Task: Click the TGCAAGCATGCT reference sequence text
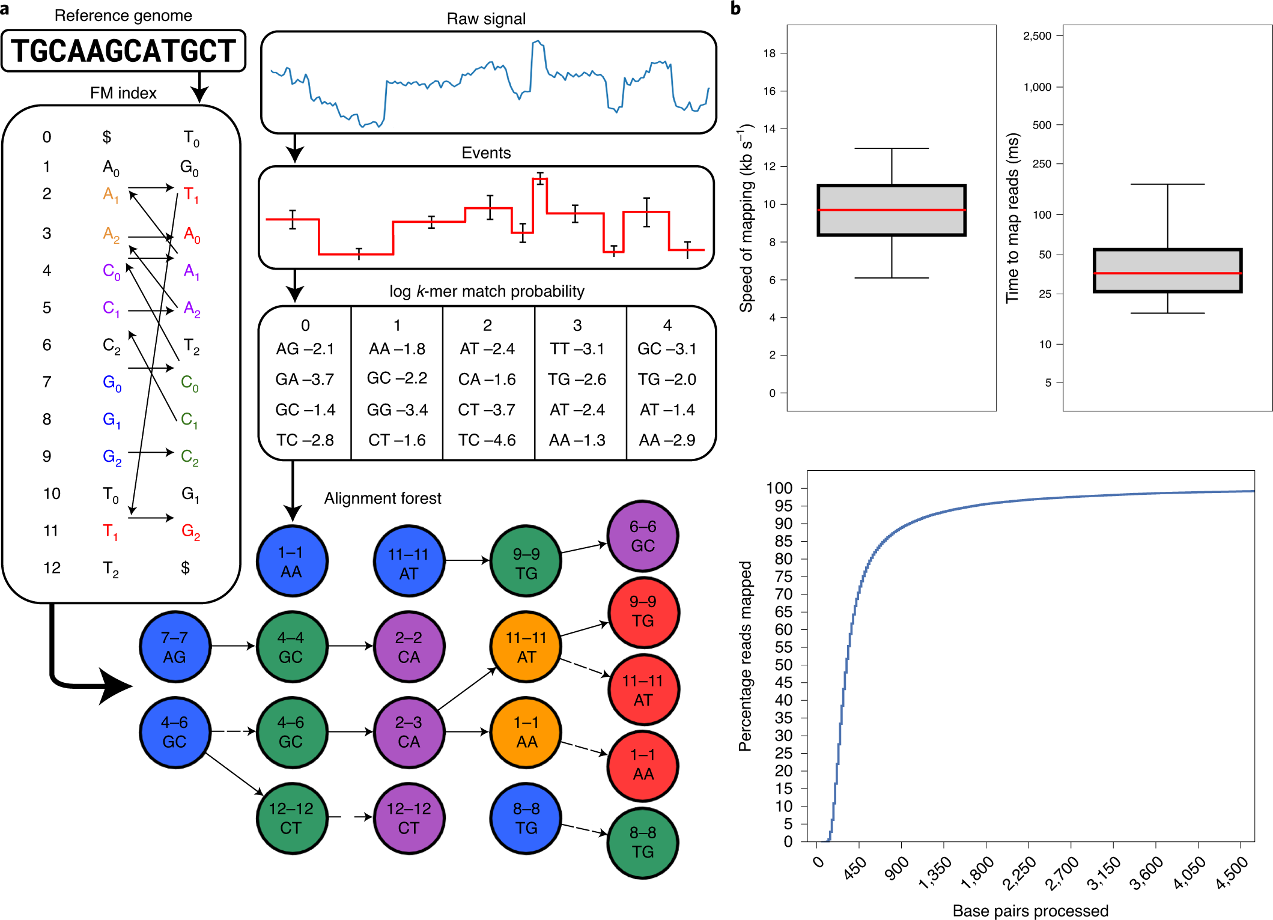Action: (x=123, y=51)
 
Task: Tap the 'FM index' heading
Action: (x=123, y=93)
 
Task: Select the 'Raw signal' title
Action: (x=486, y=19)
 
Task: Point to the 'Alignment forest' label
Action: (x=383, y=498)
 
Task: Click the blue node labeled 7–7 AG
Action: (x=175, y=647)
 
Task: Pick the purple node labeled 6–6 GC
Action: (x=642, y=536)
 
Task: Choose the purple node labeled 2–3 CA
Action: (x=409, y=732)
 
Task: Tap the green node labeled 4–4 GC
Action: (x=291, y=647)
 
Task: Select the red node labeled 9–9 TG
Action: (x=643, y=611)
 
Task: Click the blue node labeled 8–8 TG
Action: (x=526, y=818)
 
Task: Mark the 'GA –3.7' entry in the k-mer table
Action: (x=305, y=380)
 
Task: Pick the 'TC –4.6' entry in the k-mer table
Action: (x=487, y=440)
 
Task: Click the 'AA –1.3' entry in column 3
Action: (x=577, y=440)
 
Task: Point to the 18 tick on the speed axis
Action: (x=770, y=53)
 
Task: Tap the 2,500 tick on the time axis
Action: (x=1038, y=36)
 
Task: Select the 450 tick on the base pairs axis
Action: (x=855, y=867)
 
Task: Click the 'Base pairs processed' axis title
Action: (x=1030, y=910)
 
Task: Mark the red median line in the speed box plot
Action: (x=892, y=210)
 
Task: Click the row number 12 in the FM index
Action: (x=52, y=568)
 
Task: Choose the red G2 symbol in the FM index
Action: (x=190, y=531)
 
